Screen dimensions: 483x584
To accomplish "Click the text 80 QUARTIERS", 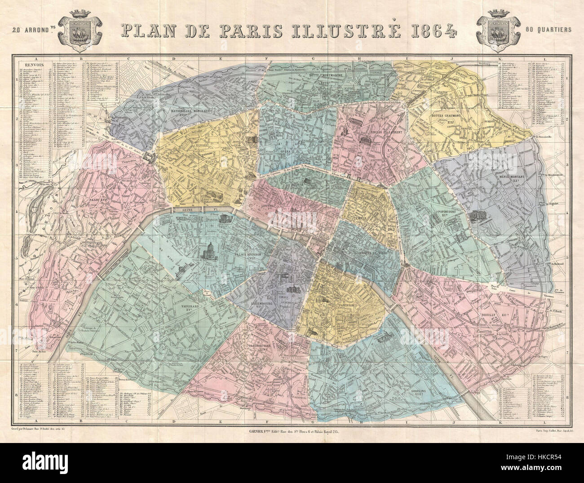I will tap(548, 31).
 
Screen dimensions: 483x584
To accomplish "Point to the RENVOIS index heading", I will tap(29, 64).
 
